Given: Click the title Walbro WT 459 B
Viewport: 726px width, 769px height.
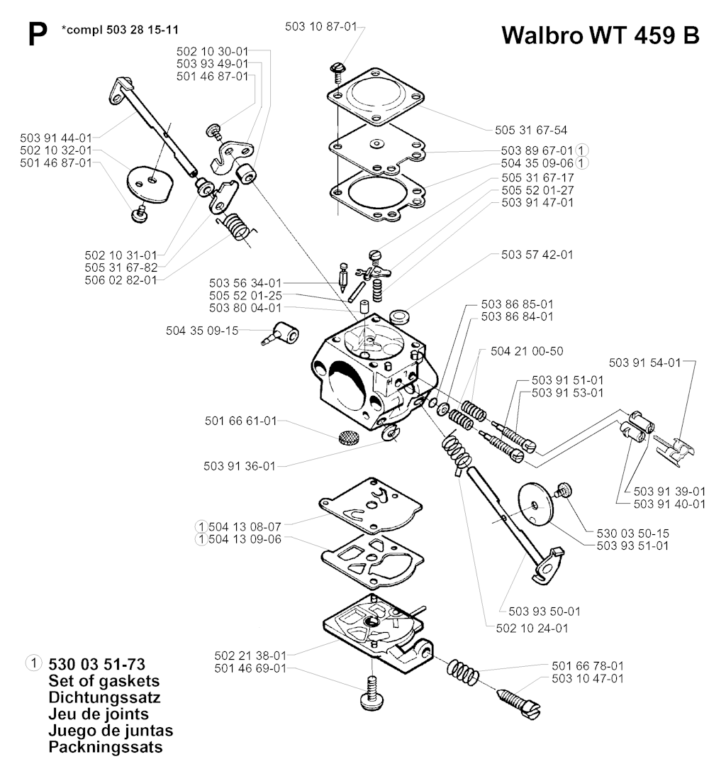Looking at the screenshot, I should click(x=600, y=35).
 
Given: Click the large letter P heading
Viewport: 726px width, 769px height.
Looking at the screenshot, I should click(x=36, y=36).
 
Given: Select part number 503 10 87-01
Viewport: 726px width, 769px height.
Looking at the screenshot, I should click(x=320, y=26).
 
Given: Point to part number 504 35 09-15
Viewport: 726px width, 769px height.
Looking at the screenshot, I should click(x=202, y=330).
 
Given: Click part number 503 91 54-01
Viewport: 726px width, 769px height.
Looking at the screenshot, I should click(x=644, y=363).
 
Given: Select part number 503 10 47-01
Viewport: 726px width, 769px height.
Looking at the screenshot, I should click(x=588, y=679).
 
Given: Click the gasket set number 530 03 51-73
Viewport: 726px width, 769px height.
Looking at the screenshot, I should click(x=98, y=665).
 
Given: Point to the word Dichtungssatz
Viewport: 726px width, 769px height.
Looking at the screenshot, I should click(x=104, y=698).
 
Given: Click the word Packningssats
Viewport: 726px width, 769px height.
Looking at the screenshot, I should click(x=106, y=747).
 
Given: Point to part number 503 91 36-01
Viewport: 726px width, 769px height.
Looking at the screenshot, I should click(x=240, y=466).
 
